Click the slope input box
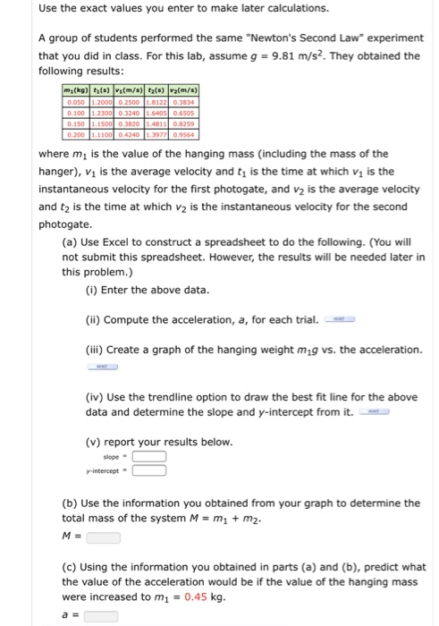click(x=150, y=456)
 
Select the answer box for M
click(x=104, y=538)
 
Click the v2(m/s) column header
click(x=187, y=90)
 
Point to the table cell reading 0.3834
click(x=187, y=103)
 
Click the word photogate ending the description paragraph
click(x=66, y=224)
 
